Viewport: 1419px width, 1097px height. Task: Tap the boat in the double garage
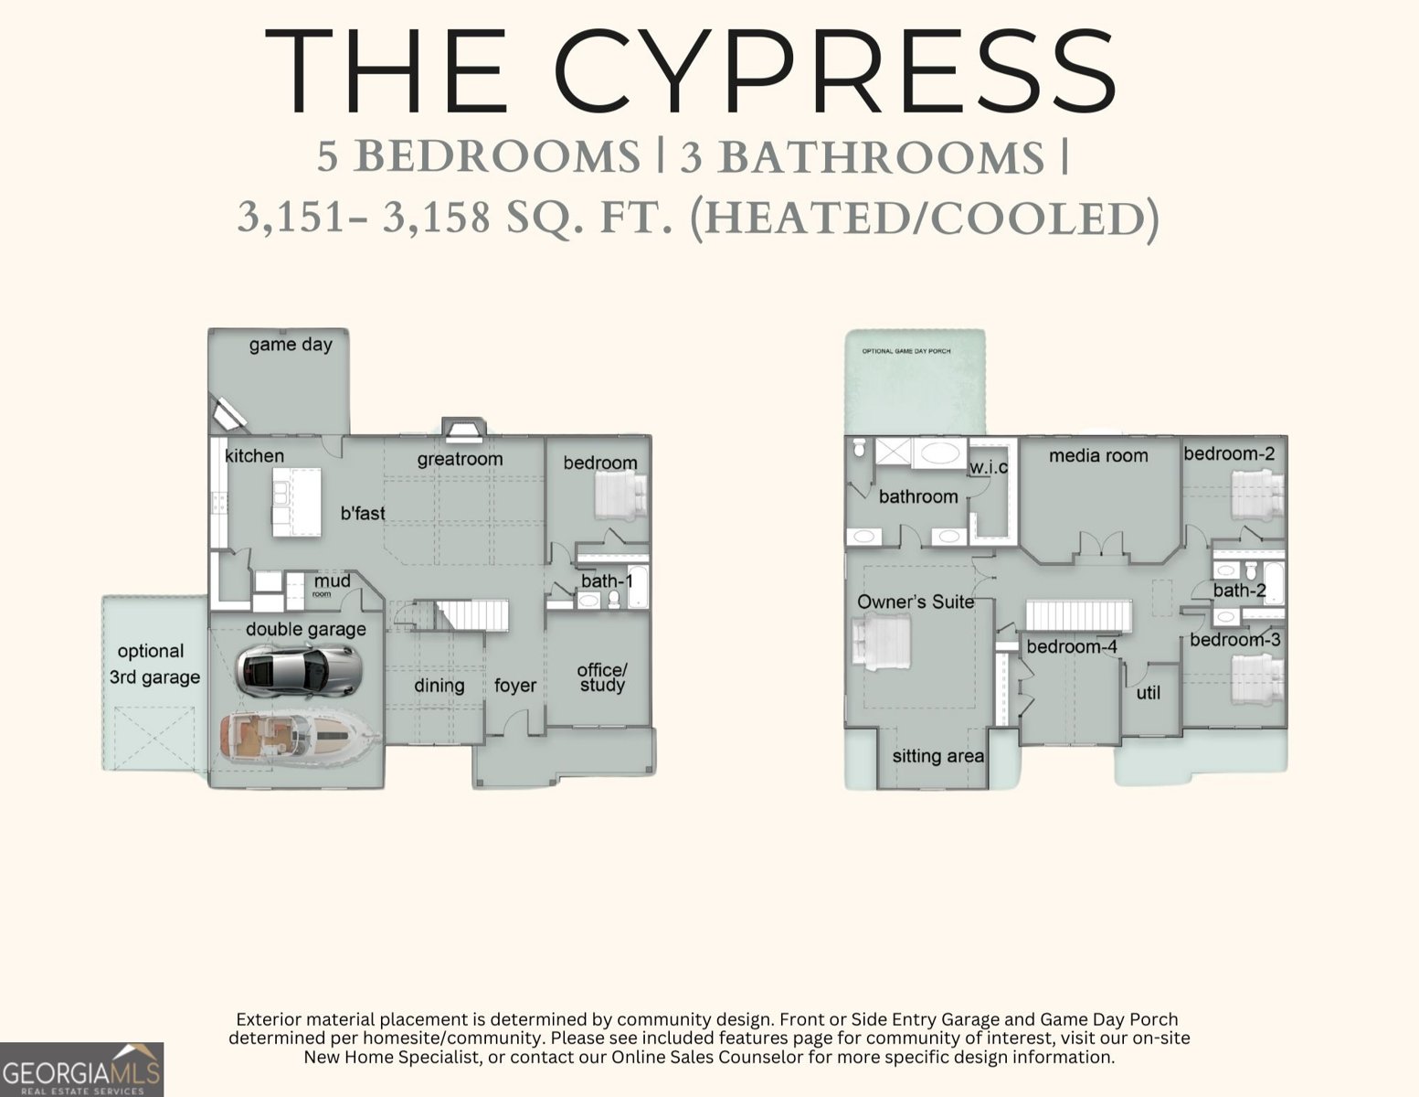click(x=300, y=736)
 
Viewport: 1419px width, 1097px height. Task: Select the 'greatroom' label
click(x=460, y=459)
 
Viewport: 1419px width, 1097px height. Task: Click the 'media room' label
click(x=1098, y=455)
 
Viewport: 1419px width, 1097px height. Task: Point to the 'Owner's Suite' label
click(x=916, y=602)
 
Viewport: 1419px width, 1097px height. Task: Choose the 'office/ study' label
click(x=602, y=677)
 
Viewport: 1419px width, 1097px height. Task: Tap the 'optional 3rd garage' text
click(x=154, y=665)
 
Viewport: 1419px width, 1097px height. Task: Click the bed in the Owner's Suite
click(x=881, y=643)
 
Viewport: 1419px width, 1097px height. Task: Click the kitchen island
click(x=296, y=502)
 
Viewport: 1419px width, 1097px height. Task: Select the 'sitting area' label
click(x=937, y=756)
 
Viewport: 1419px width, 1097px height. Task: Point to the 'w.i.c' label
click(x=988, y=467)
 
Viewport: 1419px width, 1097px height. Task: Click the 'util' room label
click(x=1148, y=693)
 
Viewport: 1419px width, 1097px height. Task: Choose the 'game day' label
click(x=291, y=345)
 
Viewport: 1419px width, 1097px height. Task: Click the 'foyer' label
click(x=515, y=686)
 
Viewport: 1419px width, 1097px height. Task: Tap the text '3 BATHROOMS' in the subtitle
click(x=862, y=157)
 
